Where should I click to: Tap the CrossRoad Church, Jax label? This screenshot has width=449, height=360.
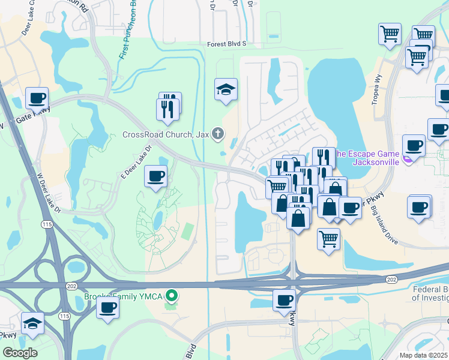click(x=165, y=134)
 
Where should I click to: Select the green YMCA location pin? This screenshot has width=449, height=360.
click(x=172, y=295)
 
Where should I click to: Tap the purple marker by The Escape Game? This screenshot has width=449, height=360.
click(x=408, y=159)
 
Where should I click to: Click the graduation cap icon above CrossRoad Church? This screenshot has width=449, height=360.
click(x=226, y=90)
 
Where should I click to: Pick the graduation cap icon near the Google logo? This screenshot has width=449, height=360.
click(x=32, y=323)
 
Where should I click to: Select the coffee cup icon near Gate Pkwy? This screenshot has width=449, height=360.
click(x=37, y=98)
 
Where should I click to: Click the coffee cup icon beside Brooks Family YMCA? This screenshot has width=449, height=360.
click(x=108, y=308)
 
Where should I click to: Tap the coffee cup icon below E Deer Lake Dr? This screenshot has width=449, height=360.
click(x=156, y=176)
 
